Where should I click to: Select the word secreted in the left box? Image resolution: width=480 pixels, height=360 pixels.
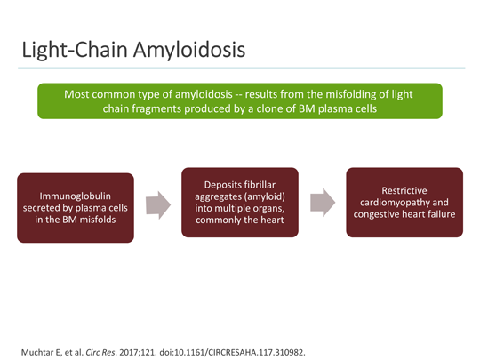(44, 206)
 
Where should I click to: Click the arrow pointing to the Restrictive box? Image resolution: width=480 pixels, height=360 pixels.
(322, 201)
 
